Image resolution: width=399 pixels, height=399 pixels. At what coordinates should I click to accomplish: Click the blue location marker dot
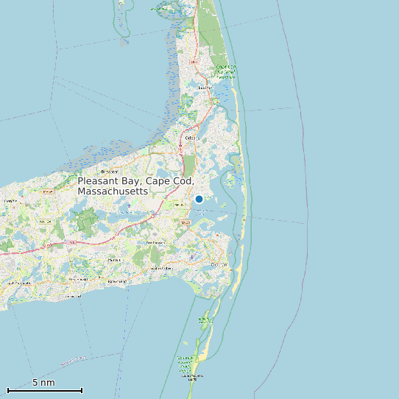[x=199, y=199]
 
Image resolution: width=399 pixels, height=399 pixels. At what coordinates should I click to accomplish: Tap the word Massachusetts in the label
[x=113, y=191]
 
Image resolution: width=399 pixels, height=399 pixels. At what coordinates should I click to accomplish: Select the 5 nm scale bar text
[x=43, y=383]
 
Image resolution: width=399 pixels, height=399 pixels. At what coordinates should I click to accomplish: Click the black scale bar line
[x=44, y=390]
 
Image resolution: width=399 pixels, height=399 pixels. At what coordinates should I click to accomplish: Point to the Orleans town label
[x=192, y=138]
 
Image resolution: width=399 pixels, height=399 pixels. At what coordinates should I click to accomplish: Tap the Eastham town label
[x=205, y=87]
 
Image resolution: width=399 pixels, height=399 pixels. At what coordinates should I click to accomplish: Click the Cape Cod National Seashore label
[x=226, y=71]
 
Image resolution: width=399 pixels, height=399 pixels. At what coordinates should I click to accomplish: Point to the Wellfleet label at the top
[x=159, y=9]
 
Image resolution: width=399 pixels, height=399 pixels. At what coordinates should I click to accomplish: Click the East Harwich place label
[x=177, y=204]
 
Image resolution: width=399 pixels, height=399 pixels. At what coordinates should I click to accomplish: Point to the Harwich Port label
[x=117, y=281]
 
